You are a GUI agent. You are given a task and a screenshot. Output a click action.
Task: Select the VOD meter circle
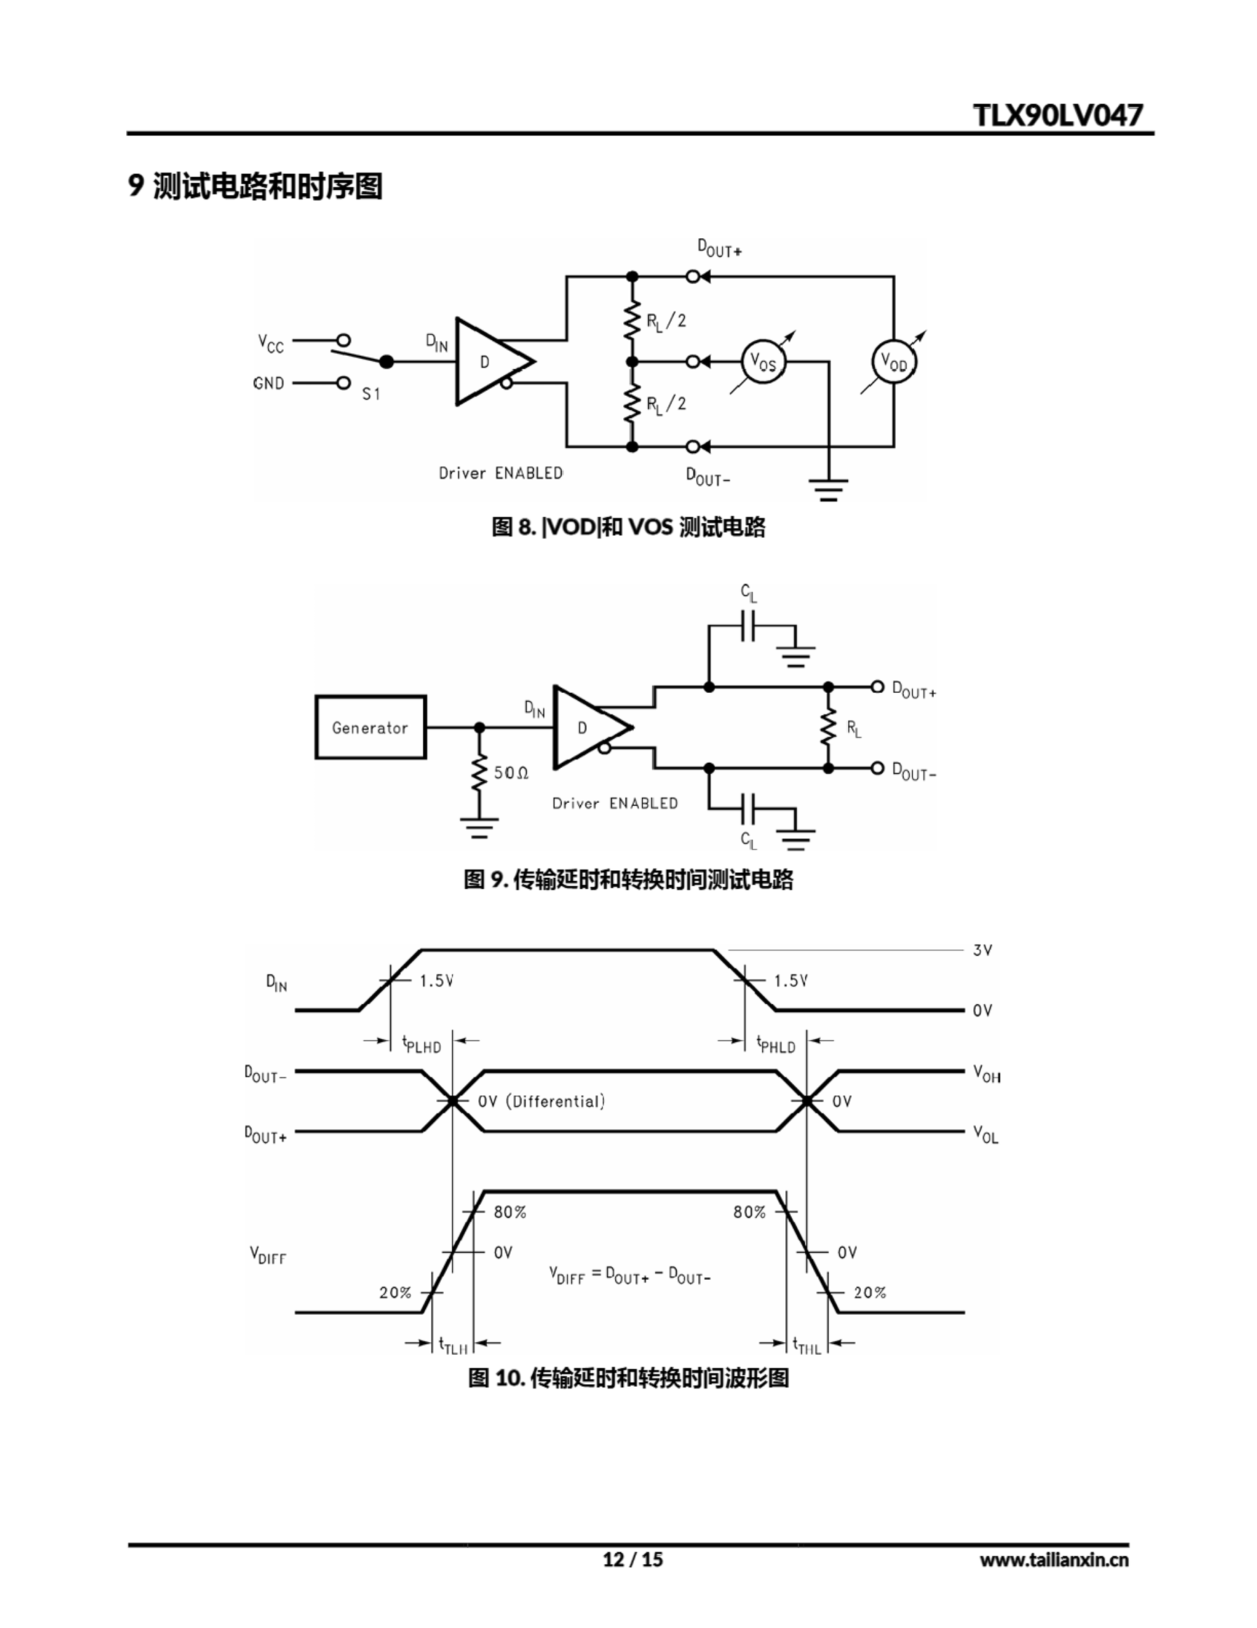click(x=893, y=362)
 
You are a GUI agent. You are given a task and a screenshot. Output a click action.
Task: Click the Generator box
click(x=370, y=728)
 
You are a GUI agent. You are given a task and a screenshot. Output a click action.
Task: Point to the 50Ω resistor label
click(x=510, y=773)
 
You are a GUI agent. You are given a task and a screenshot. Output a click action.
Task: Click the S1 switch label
click(x=370, y=394)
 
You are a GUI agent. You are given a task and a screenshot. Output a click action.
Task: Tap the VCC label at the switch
click(x=271, y=343)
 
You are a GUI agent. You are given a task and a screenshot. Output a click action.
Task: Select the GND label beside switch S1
click(x=268, y=383)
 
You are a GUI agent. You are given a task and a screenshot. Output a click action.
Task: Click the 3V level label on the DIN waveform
click(x=982, y=949)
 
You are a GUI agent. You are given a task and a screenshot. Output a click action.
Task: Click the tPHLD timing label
click(x=776, y=1044)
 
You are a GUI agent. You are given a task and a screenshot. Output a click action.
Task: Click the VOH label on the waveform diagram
click(x=986, y=1073)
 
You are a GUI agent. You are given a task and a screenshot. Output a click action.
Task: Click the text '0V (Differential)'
click(x=541, y=1101)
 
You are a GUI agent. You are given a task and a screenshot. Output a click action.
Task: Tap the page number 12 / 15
click(x=632, y=1559)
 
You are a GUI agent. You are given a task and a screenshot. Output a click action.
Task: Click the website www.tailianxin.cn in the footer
click(x=1054, y=1559)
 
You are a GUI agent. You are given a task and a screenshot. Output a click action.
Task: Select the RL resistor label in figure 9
click(x=853, y=728)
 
